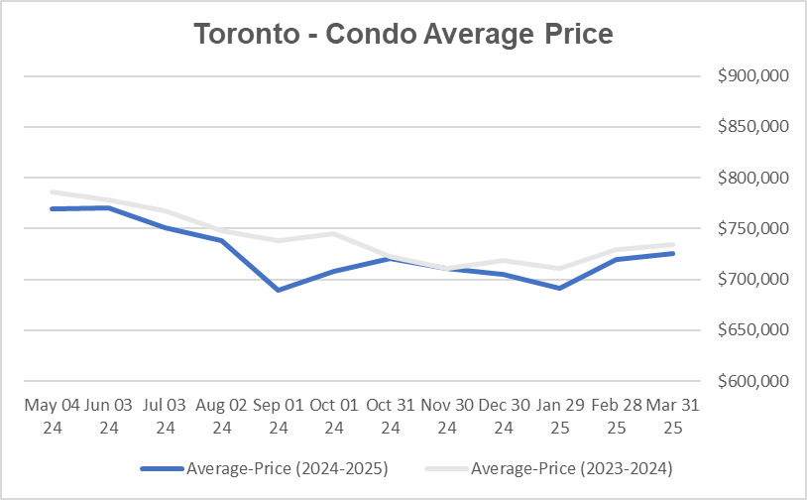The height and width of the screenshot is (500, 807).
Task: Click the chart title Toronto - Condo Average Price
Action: [x=403, y=34]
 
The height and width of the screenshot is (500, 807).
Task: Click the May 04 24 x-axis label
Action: [x=52, y=416]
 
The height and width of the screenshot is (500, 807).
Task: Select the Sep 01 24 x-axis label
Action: [x=278, y=416]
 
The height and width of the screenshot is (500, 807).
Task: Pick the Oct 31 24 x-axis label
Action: [x=391, y=416]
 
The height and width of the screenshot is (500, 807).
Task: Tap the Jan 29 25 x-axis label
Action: [x=560, y=416]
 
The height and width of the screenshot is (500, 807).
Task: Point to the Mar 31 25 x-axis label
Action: [x=673, y=416]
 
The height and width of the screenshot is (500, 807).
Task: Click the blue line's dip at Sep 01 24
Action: [x=278, y=290]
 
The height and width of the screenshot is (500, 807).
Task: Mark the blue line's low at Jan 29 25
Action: [x=560, y=289]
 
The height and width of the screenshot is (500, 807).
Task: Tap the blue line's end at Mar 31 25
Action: [x=673, y=253]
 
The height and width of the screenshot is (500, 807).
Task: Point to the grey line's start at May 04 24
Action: [x=52, y=192]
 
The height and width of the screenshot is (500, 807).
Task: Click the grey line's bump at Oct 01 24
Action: [x=334, y=234]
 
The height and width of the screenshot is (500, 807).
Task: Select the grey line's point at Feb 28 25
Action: [x=617, y=250]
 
